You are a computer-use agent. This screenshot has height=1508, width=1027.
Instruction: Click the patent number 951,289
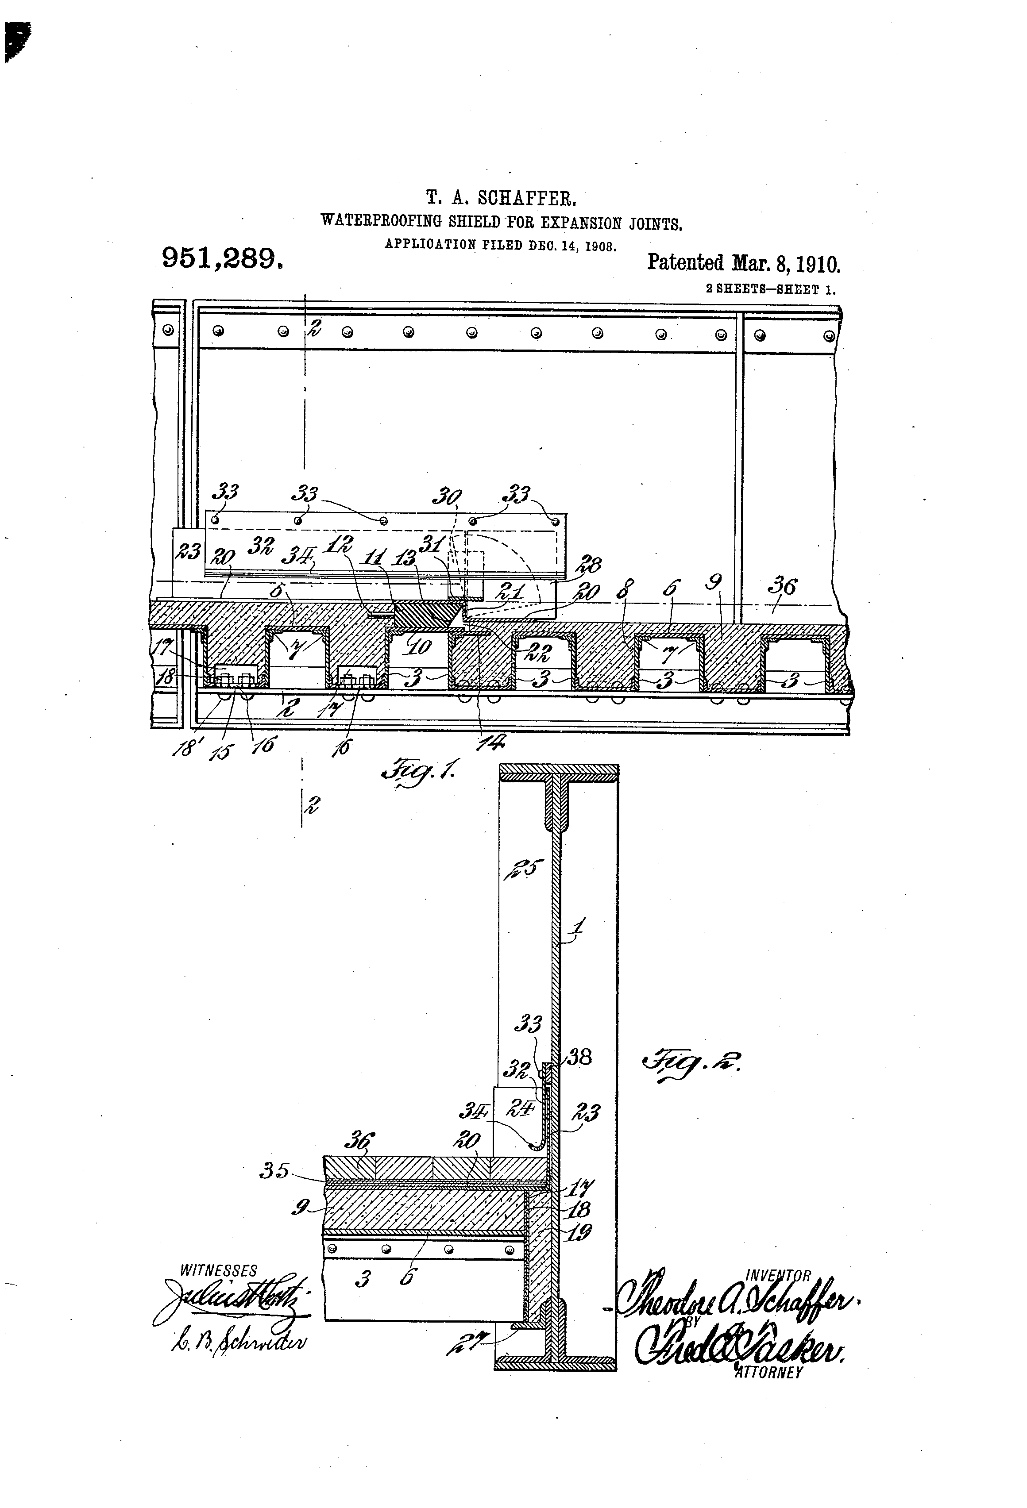tap(222, 258)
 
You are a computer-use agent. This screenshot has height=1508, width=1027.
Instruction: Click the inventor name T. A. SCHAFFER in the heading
tap(501, 197)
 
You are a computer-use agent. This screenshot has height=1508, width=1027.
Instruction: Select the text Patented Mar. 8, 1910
tap(743, 263)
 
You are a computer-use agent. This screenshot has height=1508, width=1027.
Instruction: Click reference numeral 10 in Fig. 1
tap(420, 647)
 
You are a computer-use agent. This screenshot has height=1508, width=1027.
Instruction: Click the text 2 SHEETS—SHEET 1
tap(771, 289)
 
